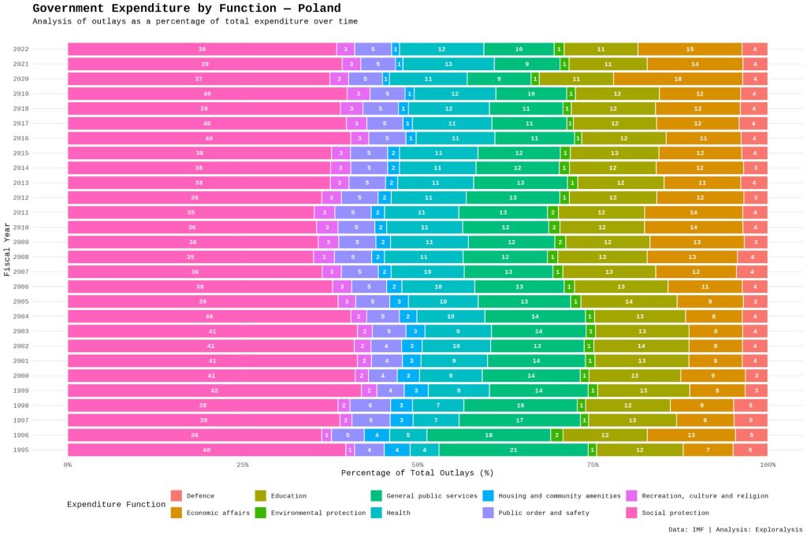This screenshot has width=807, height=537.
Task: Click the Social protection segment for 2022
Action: [x=202, y=49]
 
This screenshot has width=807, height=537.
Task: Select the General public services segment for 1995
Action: [x=514, y=450]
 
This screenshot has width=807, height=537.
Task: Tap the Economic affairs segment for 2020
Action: [x=678, y=79]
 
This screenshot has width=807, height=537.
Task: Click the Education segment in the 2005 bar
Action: [x=628, y=302]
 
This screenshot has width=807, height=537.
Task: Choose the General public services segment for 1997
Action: [x=519, y=420]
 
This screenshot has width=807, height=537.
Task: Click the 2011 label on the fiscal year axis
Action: [x=21, y=213]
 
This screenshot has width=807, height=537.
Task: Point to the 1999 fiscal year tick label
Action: [x=21, y=391]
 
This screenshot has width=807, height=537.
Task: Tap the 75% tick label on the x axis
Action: [x=593, y=465]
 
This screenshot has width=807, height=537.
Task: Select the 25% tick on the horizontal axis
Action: [x=243, y=465]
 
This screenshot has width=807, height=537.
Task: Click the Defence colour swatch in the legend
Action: [x=177, y=496]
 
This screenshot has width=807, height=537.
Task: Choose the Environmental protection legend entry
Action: [x=318, y=513]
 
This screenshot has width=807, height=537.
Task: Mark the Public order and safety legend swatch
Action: [x=489, y=513]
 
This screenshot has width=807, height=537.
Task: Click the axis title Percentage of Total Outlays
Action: [x=417, y=473]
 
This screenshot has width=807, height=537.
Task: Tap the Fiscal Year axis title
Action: [x=7, y=249]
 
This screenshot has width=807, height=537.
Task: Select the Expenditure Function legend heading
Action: [x=116, y=504]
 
